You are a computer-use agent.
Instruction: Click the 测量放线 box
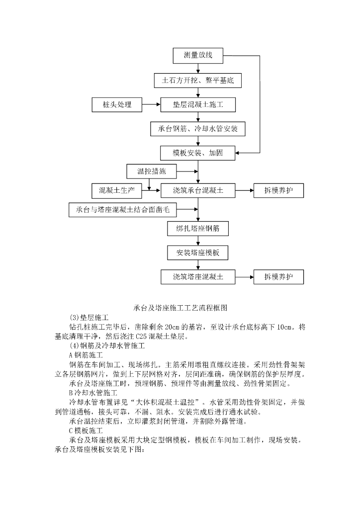(198, 55)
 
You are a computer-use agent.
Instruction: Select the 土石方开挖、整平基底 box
(198, 80)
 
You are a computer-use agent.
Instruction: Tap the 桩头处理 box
(117, 104)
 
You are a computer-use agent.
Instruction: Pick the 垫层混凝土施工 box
(198, 104)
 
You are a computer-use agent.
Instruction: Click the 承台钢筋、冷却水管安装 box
(198, 129)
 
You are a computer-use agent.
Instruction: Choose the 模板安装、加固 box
(198, 153)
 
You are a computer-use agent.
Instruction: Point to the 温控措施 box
(151, 172)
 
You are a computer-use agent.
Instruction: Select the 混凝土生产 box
(117, 190)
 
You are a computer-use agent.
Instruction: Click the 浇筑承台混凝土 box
(198, 190)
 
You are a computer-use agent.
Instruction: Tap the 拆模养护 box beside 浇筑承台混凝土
(278, 190)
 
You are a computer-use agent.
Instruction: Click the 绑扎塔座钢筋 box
(198, 229)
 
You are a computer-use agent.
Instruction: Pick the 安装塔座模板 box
(198, 253)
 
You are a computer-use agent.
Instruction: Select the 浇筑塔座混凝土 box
(198, 277)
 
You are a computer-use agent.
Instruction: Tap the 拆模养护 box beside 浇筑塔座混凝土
(278, 277)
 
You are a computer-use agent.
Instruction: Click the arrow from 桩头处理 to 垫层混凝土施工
(151, 104)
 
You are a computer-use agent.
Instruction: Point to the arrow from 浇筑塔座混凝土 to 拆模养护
(244, 277)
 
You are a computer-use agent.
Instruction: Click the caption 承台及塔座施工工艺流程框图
(180, 308)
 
